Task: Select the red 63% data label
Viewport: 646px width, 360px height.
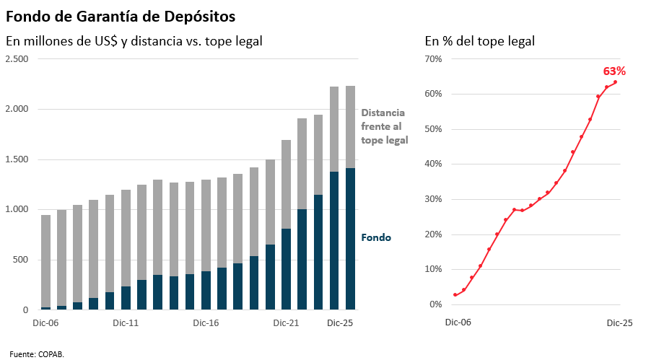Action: pyautogui.click(x=614, y=71)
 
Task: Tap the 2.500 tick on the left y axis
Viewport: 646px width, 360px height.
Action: pyautogui.click(x=17, y=58)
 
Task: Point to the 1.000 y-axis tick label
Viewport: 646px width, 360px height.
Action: pyautogui.click(x=17, y=209)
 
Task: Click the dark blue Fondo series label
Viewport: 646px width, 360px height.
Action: pyautogui.click(x=376, y=237)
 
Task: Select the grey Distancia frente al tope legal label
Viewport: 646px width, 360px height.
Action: pyautogui.click(x=384, y=126)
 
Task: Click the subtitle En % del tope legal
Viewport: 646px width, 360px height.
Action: pyautogui.click(x=479, y=41)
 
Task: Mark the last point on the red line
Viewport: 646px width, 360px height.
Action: pyautogui.click(x=615, y=82)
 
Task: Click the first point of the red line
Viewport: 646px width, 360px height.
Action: pyautogui.click(x=455, y=294)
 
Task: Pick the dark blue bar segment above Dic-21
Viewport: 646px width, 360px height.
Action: pyautogui.click(x=287, y=269)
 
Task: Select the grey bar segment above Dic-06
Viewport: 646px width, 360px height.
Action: pyautogui.click(x=45, y=260)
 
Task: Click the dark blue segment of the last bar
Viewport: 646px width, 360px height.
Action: pyautogui.click(x=350, y=238)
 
